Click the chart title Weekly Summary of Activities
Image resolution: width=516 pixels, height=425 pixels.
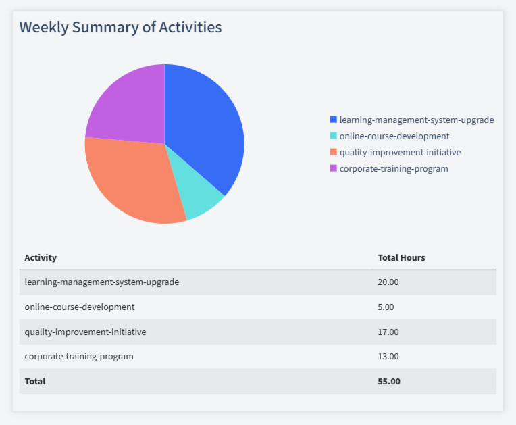pyautogui.click(x=120, y=28)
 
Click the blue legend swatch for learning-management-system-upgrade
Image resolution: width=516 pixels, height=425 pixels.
pyautogui.click(x=333, y=120)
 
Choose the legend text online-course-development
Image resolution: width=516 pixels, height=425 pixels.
pyautogui.click(x=394, y=136)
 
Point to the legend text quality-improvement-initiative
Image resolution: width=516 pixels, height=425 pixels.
pyautogui.click(x=400, y=152)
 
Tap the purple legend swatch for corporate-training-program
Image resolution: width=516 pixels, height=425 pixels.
pyautogui.click(x=333, y=168)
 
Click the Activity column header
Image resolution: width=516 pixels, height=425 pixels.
pyautogui.click(x=41, y=257)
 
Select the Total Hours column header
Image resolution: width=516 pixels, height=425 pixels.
pyautogui.click(x=401, y=257)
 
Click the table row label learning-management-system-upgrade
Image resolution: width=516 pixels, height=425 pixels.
pyautogui.click(x=101, y=282)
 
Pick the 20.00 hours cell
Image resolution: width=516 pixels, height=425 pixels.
pyautogui.click(x=388, y=282)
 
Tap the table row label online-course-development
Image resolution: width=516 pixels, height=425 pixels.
pyautogui.click(x=80, y=307)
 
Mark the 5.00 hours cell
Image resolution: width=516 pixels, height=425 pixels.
pyautogui.click(x=386, y=307)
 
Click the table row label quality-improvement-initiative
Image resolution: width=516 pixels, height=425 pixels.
pyautogui.click(x=85, y=332)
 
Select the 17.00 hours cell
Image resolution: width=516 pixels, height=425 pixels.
pyautogui.click(x=388, y=332)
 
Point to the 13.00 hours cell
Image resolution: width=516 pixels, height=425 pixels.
pyautogui.click(x=388, y=356)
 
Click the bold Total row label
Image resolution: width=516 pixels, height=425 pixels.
pyautogui.click(x=35, y=381)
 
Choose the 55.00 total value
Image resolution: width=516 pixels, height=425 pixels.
pyautogui.click(x=389, y=381)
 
